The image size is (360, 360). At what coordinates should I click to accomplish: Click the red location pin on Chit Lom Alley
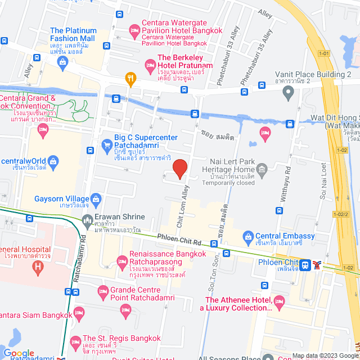[x=179, y=168]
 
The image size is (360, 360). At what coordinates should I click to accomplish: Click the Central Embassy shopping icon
[x=247, y=236]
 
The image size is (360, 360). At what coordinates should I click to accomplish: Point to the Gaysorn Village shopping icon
[x=96, y=199]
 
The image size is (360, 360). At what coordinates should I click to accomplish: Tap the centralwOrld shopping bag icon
[x=53, y=161]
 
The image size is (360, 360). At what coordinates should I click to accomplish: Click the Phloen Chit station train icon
[x=304, y=264]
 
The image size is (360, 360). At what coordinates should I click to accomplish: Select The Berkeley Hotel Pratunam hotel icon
[x=150, y=65]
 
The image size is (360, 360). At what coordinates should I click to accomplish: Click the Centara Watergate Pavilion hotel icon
[x=134, y=30]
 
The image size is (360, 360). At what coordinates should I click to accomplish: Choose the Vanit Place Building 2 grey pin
[x=288, y=92]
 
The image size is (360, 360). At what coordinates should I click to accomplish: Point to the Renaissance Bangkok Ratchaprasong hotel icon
[x=121, y=260]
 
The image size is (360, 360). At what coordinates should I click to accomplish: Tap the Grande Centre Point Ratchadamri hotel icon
[x=102, y=291]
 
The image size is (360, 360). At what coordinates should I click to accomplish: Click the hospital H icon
[x=38, y=266]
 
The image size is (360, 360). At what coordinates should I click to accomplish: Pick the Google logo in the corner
[x=19, y=353]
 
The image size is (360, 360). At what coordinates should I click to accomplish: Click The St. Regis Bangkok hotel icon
[x=76, y=341]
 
